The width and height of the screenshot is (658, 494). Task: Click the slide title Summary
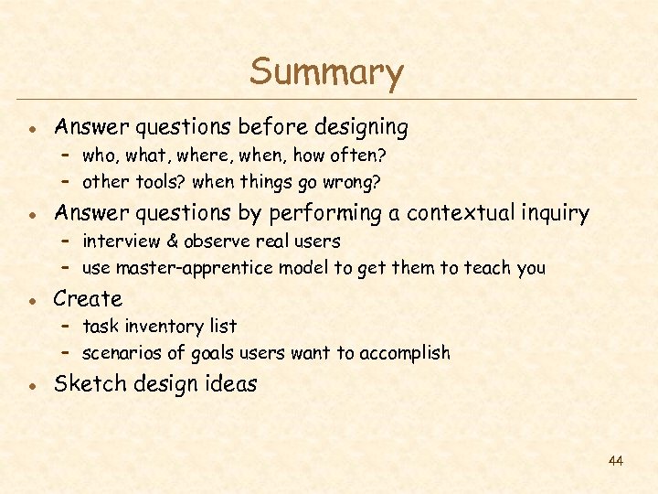[326, 73]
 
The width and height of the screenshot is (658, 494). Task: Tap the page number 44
[615, 461]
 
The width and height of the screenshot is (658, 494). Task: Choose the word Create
[88, 299]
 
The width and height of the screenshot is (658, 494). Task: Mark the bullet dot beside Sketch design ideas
[32, 385]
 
